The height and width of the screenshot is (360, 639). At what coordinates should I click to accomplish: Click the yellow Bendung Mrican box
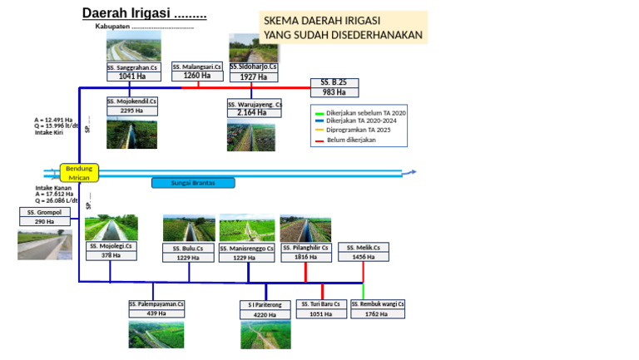point(79,173)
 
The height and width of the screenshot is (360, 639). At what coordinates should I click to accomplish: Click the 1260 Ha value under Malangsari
point(197,76)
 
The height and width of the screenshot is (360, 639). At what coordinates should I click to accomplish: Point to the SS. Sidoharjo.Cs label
point(254,67)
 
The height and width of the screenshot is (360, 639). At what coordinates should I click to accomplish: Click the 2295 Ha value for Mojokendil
point(131,111)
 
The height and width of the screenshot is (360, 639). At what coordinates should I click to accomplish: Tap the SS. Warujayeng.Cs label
point(255,104)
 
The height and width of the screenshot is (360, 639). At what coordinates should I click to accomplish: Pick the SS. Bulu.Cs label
point(189,248)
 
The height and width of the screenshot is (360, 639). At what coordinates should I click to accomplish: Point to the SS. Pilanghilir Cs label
point(305,248)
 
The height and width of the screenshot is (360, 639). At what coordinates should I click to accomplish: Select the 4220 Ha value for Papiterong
point(265,315)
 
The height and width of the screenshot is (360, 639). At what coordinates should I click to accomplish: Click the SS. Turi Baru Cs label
point(322,304)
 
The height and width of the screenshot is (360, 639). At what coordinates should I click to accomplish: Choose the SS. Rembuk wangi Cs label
point(377,304)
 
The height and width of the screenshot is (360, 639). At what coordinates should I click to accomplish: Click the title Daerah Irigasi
point(144,14)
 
